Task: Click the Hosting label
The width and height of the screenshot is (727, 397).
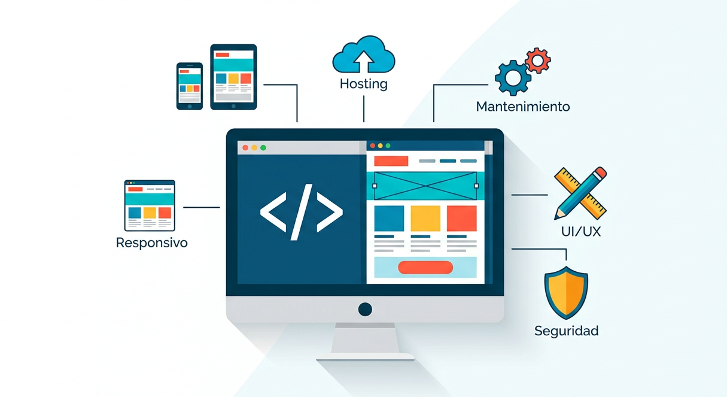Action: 363,84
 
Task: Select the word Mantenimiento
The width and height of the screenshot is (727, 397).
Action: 523,107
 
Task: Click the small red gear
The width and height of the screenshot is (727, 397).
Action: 538,60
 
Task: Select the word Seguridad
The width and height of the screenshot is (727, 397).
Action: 566,331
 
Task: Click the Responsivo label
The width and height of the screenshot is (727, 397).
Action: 151,243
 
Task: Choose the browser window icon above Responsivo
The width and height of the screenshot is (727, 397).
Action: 150,205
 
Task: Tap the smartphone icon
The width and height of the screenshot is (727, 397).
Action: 189,86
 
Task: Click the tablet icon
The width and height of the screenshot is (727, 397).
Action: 233,77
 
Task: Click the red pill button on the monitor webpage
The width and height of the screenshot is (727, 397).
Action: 425,267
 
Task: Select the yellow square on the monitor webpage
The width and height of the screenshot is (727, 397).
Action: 425,219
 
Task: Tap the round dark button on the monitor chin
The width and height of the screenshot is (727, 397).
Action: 365,310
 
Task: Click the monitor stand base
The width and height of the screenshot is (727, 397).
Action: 365,357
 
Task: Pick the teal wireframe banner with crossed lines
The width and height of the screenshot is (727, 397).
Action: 425,186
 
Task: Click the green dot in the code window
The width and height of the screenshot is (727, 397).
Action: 263,147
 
